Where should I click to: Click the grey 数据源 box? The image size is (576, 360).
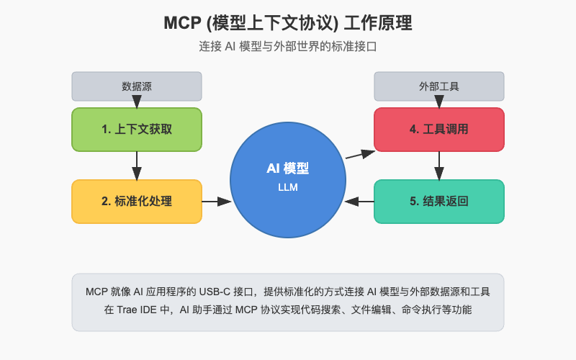[x=137, y=86]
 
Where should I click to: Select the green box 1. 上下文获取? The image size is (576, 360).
[x=137, y=130]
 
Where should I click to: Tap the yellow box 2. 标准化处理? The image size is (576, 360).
[x=137, y=202]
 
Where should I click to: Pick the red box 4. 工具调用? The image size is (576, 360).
[x=439, y=130]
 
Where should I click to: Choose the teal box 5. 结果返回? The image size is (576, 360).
[x=439, y=202]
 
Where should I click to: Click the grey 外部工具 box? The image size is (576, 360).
[x=439, y=86]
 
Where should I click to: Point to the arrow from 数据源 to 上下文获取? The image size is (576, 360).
[x=137, y=104]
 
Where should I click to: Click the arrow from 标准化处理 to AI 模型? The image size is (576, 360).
[x=216, y=202]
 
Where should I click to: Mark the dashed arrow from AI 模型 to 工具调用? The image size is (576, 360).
[x=360, y=154]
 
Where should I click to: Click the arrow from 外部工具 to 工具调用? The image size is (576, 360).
[x=439, y=104]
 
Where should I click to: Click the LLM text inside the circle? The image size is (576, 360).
[x=288, y=188]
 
